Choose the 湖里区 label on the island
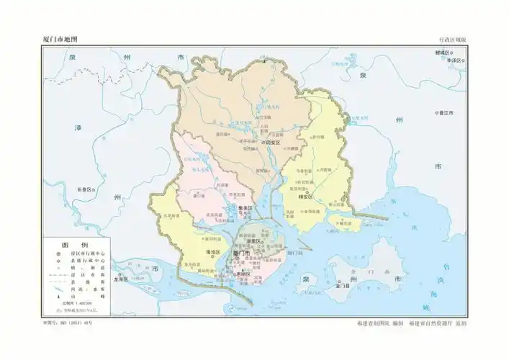(x=253, y=242)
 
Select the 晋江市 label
(x=447, y=113)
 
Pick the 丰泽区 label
(x=454, y=61)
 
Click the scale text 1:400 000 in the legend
(x=77, y=304)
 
